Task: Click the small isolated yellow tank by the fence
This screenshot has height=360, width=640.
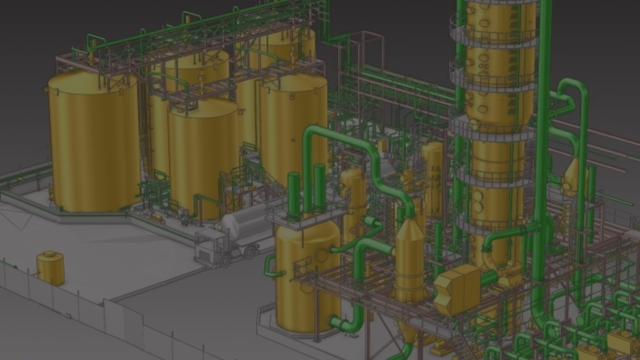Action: (x=50, y=268)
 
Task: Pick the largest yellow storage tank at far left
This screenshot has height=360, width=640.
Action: (x=93, y=143)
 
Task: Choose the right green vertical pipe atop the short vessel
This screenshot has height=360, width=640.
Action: (x=319, y=188)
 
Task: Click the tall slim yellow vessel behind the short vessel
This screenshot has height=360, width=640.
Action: (x=353, y=200)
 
